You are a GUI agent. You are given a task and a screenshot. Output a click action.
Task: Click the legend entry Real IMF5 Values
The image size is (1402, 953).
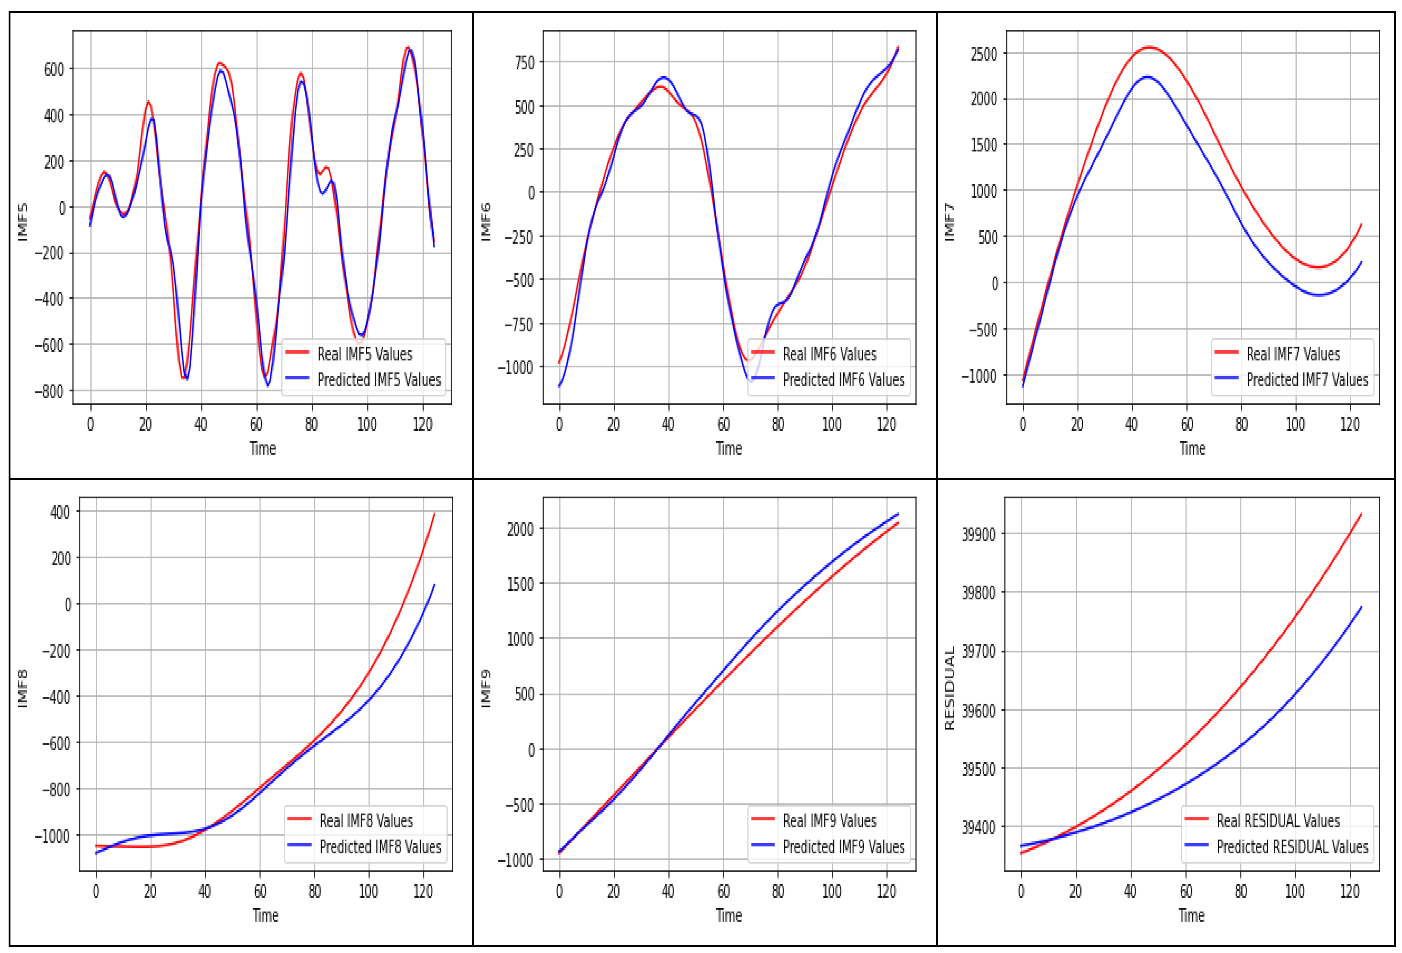tap(364, 354)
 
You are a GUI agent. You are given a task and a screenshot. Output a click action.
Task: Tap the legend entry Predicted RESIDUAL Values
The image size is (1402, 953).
tap(1292, 847)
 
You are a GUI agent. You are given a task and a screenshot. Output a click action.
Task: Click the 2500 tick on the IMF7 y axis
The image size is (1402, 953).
tap(984, 54)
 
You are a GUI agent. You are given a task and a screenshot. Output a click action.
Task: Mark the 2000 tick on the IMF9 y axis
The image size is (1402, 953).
tap(520, 530)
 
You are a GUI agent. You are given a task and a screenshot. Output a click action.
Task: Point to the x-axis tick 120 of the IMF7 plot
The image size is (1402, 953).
tap(1350, 425)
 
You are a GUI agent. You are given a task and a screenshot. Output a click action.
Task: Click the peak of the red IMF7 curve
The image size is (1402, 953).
tap(1149, 47)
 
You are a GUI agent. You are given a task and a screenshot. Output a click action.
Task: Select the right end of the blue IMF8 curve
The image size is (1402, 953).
tap(434, 585)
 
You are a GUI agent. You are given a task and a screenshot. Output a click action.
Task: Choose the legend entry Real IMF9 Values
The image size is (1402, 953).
tap(829, 821)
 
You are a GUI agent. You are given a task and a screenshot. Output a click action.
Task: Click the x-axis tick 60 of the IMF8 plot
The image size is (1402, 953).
tap(260, 891)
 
